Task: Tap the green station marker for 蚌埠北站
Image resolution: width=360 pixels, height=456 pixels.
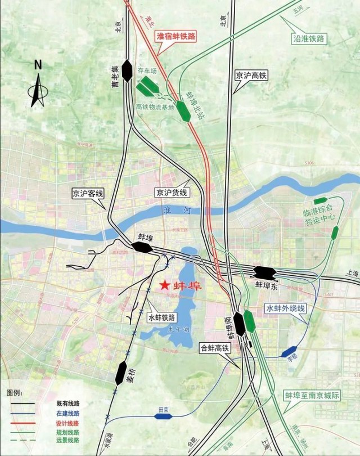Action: tap(183, 111)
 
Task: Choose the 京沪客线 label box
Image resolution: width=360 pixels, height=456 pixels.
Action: tap(88, 194)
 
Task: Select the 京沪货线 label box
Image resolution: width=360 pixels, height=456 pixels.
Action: tap(172, 193)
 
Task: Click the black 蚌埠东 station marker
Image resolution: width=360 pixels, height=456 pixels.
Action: tap(264, 272)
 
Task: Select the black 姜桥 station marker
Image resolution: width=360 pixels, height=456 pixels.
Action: tap(121, 372)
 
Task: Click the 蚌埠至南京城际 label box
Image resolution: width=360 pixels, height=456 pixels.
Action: tap(312, 395)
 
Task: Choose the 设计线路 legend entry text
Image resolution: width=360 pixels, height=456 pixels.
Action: tap(67, 423)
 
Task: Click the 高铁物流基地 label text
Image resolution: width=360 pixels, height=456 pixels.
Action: tap(155, 106)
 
